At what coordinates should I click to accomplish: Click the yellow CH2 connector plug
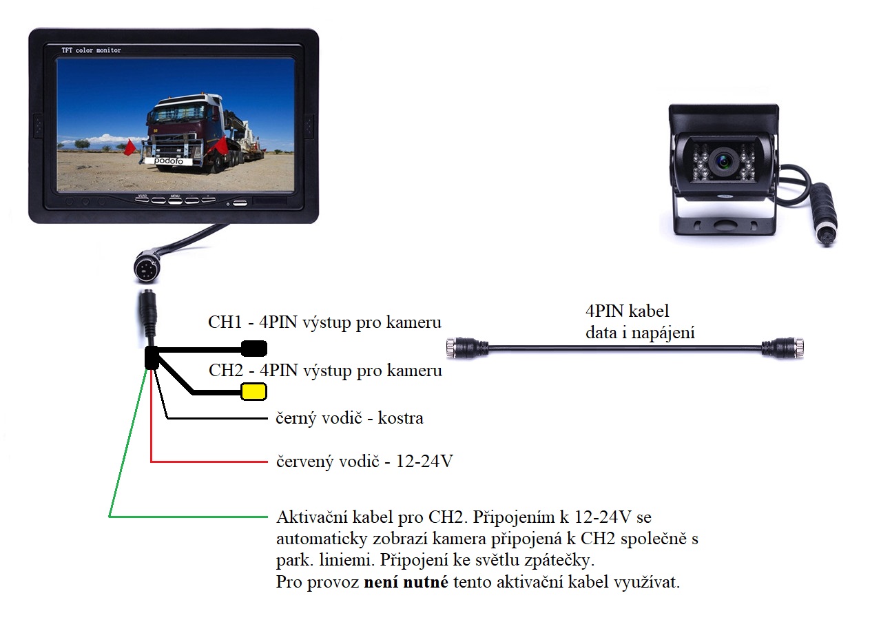[x=253, y=391]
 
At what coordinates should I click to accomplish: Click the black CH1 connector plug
[x=254, y=349]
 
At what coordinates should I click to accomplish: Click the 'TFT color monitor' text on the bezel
[x=91, y=50]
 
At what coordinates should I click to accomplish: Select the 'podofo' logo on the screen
[x=168, y=161]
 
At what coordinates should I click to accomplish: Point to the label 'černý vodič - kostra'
[x=350, y=417]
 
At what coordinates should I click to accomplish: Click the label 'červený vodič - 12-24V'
[x=364, y=461]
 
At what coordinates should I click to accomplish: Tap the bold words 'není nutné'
[x=406, y=581]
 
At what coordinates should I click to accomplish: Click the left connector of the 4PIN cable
[x=467, y=348]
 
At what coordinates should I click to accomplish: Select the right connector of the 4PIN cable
[x=782, y=348]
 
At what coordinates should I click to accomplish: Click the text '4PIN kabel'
[x=628, y=311]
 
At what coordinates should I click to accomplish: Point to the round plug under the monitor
[x=147, y=268]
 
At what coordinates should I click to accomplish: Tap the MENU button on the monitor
[x=175, y=200]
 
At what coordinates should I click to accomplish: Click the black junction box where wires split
[x=152, y=358]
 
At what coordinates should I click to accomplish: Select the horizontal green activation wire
[x=189, y=517]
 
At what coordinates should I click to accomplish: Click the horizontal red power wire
[x=209, y=462]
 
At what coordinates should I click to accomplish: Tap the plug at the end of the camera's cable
[x=825, y=214]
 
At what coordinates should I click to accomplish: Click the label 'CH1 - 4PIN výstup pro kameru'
[x=324, y=322]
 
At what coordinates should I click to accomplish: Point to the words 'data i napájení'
[x=640, y=333]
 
